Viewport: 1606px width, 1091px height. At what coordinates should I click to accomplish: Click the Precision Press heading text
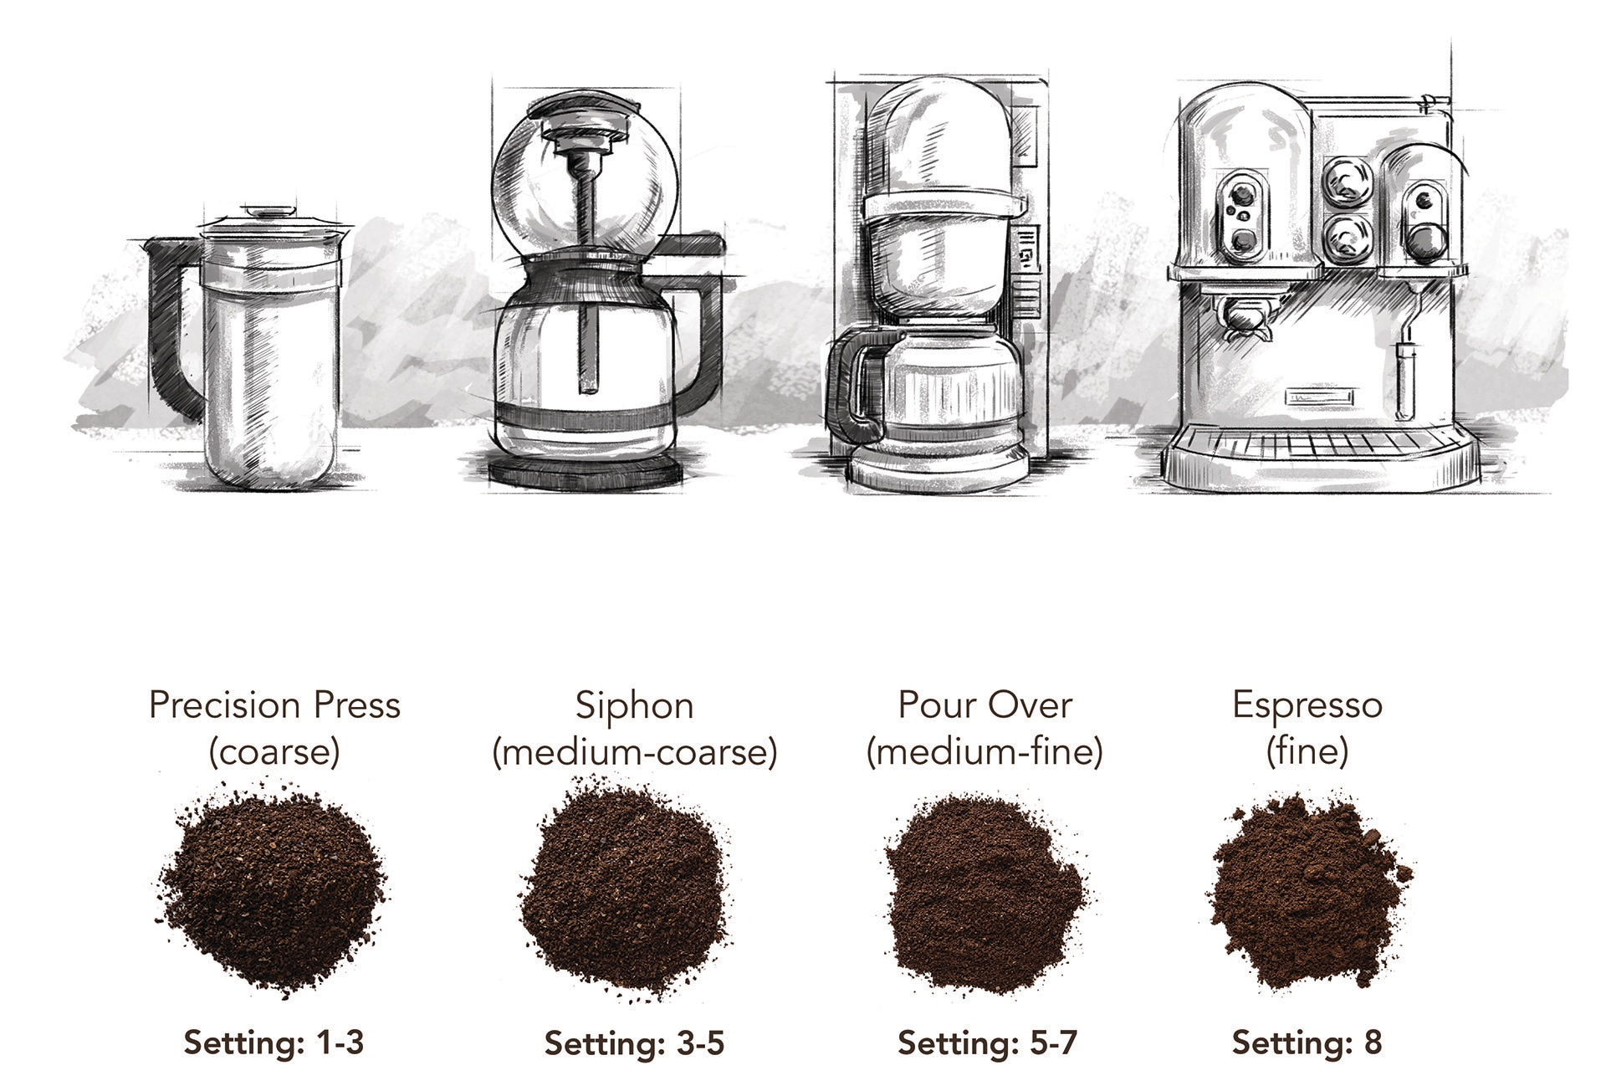pos(274,704)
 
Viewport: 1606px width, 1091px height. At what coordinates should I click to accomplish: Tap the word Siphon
pos(634,705)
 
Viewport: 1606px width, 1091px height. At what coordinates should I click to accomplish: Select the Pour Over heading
pos(985,704)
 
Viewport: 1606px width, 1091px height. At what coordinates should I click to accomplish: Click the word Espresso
pos(1307,705)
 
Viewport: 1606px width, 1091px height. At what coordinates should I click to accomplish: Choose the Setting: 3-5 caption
pos(634,1043)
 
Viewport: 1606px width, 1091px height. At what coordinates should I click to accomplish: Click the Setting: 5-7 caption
pos(987,1043)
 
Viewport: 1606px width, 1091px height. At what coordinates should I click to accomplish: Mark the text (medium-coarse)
pos(635,752)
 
